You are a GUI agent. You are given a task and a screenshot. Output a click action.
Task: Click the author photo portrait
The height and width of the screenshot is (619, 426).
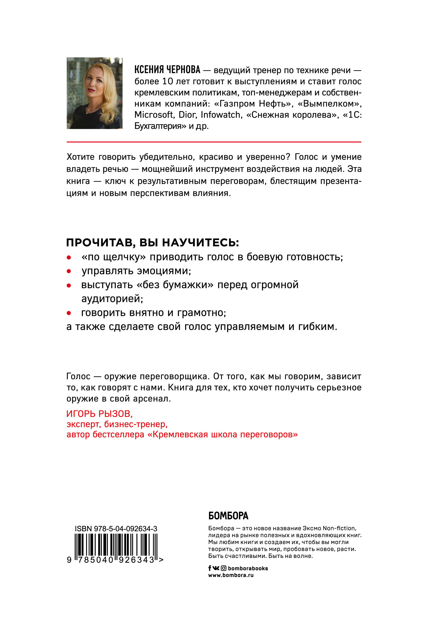click(95, 93)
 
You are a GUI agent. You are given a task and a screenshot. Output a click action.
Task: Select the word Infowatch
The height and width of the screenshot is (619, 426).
click(221, 115)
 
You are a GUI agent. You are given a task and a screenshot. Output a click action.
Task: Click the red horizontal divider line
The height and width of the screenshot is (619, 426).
click(213, 142)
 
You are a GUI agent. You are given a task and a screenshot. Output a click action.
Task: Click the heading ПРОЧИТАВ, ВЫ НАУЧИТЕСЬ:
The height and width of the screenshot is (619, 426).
click(152, 243)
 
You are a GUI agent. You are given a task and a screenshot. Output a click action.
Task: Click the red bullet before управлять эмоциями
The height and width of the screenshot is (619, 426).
click(69, 271)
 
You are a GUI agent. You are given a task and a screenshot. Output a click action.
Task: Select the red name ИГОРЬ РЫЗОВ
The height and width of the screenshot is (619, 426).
click(99, 414)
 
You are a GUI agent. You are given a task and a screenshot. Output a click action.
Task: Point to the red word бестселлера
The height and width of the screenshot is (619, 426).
click(118, 434)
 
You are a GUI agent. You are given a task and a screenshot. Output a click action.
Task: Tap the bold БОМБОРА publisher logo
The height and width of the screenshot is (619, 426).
click(228, 516)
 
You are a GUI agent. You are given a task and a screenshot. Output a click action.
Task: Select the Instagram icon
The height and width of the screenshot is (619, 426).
click(224, 568)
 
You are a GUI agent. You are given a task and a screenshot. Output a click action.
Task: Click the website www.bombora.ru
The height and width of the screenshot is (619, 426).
click(231, 575)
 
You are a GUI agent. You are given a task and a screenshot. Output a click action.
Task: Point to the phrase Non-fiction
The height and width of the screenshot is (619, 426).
click(339, 528)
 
